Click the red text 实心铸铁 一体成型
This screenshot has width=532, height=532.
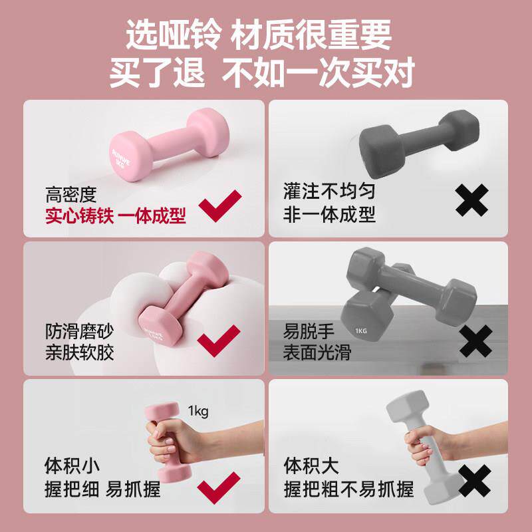116,216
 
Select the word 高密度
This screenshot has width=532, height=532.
71,195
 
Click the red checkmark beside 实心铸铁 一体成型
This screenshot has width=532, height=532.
222,206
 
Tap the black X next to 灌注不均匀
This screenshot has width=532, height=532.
472,200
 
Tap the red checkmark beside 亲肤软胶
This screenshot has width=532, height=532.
220,340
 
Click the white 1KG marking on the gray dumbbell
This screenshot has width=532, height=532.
361,331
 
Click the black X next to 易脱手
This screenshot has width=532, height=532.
475,340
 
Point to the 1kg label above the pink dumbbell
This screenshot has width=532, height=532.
198,411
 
